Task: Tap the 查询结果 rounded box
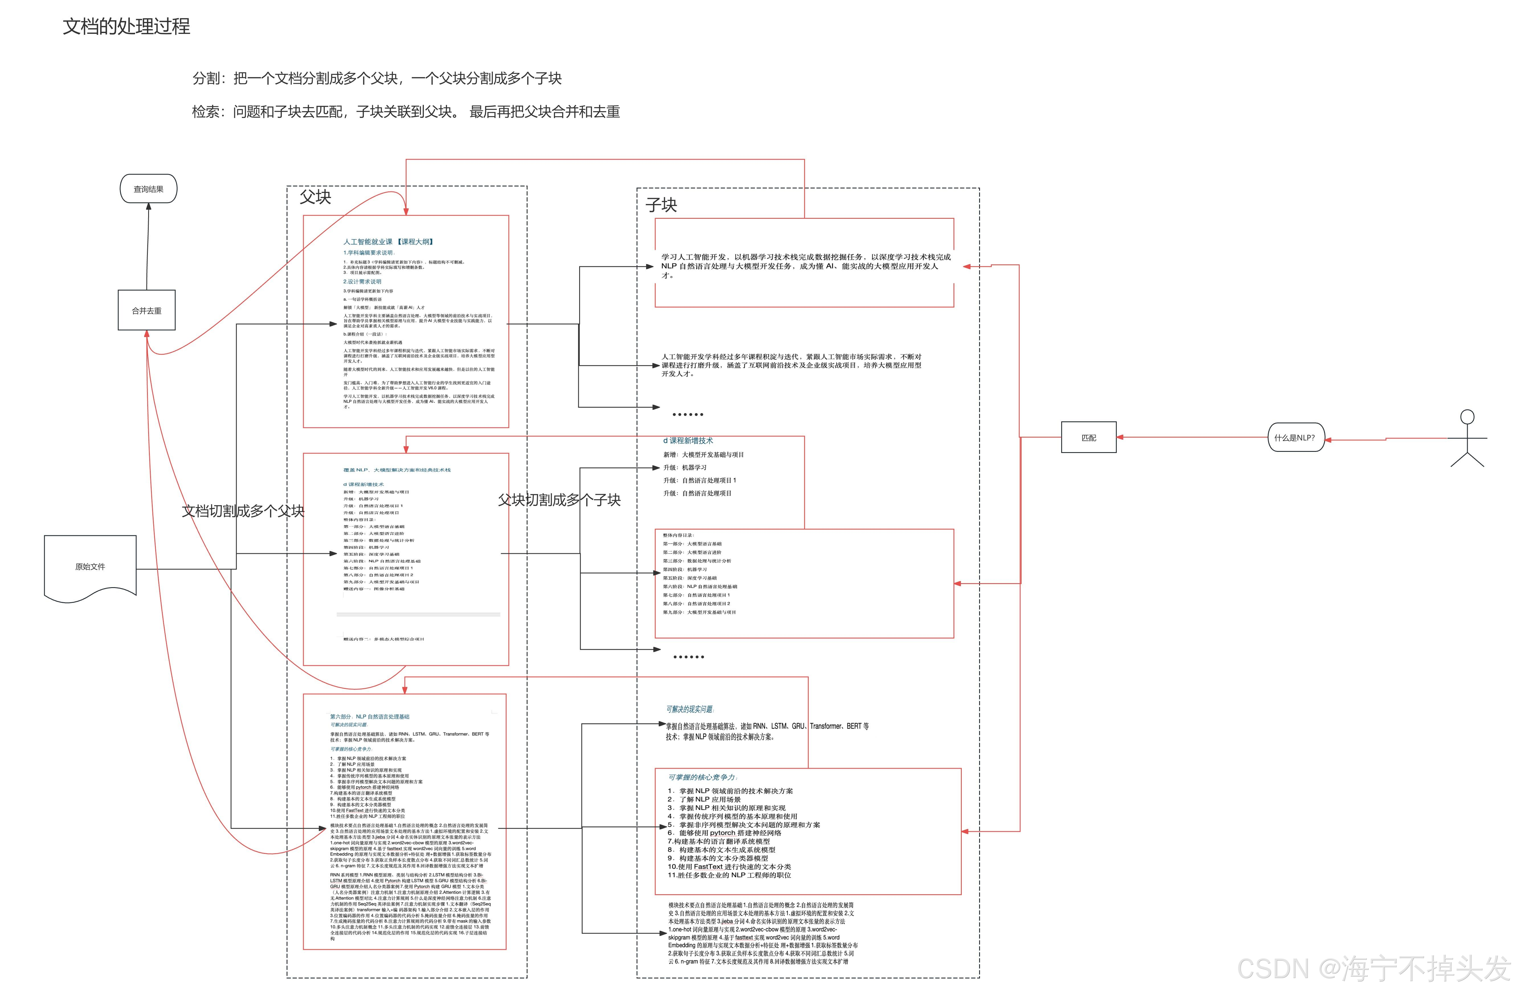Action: tap(148, 189)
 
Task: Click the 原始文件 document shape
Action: tap(90, 567)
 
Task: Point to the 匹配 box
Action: tap(1088, 438)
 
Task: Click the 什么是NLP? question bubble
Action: tap(1295, 438)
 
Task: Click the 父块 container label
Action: tap(315, 197)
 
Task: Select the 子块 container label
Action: tap(661, 205)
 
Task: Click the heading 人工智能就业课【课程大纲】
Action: tap(388, 242)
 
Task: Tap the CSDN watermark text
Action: tap(1373, 968)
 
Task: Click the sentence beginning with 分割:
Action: tap(377, 78)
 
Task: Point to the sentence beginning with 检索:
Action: tap(406, 112)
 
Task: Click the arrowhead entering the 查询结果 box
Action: tap(149, 207)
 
